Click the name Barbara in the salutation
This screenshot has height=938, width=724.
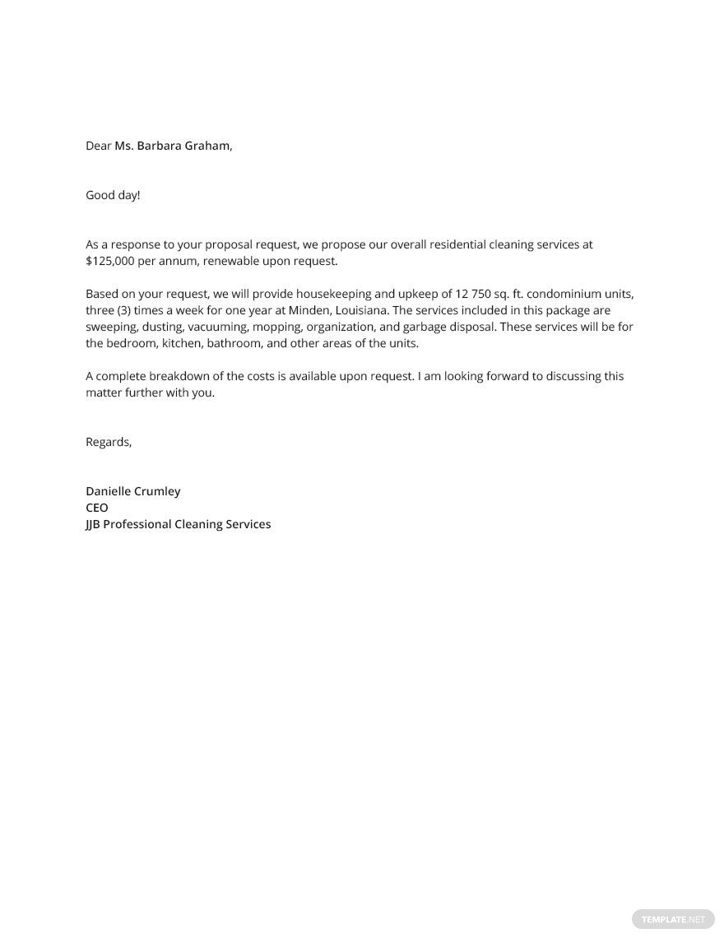tap(162, 146)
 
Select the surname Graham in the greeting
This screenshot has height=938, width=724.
tap(211, 146)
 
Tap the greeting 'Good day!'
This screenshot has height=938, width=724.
tap(113, 195)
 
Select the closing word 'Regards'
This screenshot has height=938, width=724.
tap(108, 442)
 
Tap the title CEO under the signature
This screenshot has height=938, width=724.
tap(96, 508)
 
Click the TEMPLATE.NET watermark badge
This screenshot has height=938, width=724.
tap(671, 918)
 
